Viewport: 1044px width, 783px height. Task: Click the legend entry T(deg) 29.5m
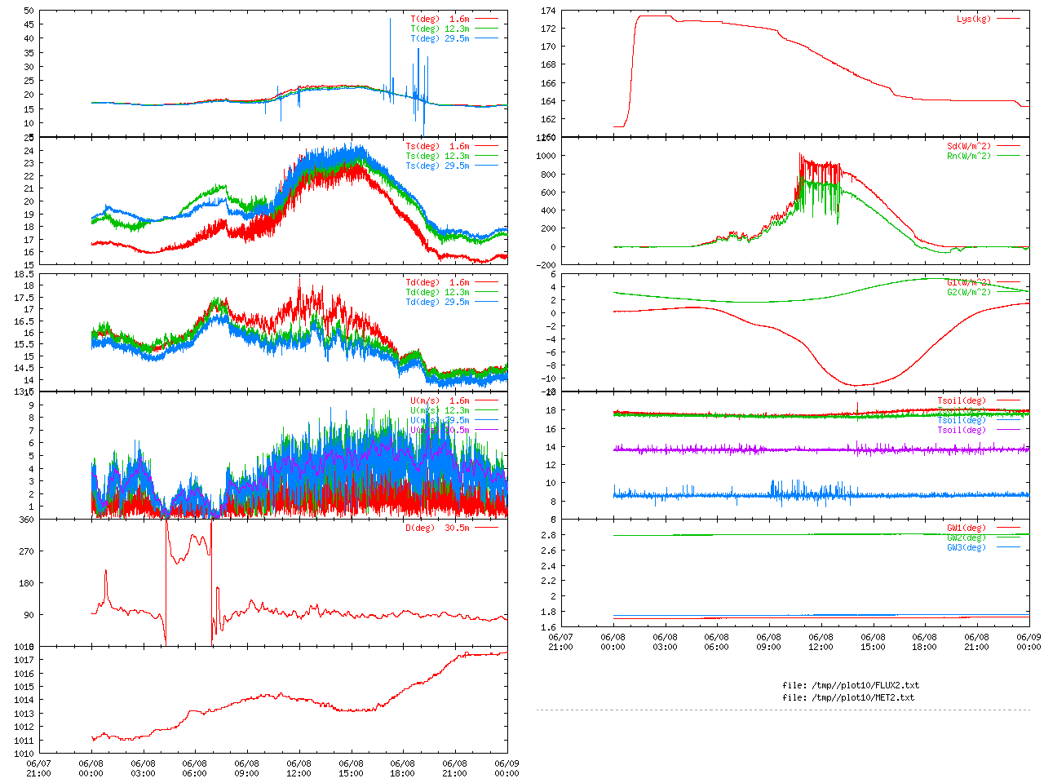440,38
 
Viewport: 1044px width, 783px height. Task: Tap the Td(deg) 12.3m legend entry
437,292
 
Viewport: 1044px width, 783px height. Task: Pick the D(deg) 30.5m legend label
437,528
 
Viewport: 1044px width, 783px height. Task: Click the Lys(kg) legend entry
974,19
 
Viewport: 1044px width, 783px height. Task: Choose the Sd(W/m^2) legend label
968,147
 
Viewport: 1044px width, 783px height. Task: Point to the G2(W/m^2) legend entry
968,292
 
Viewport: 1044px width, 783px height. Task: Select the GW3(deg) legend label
966,547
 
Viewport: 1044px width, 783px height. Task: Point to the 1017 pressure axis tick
24,660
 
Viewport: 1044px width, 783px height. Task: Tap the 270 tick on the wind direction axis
26,551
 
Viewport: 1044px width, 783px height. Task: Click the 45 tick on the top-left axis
29,38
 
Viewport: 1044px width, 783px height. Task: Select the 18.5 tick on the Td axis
24,274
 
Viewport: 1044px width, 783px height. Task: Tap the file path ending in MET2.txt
848,697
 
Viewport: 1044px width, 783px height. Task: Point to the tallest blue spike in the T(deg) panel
391,20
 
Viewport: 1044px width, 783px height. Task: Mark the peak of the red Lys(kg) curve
652,15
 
